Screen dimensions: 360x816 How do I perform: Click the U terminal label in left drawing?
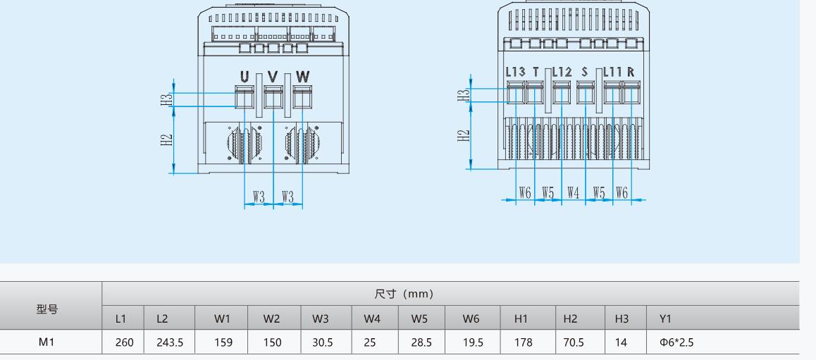245,76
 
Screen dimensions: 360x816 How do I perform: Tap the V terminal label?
273,76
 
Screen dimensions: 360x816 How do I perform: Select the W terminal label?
302,76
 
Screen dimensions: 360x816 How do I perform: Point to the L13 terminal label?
515,72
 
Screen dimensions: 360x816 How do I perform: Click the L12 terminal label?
562,72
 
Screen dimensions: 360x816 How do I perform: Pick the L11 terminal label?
611,72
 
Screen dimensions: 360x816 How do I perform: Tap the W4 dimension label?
574,192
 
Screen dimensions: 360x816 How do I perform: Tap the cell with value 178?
522,343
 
